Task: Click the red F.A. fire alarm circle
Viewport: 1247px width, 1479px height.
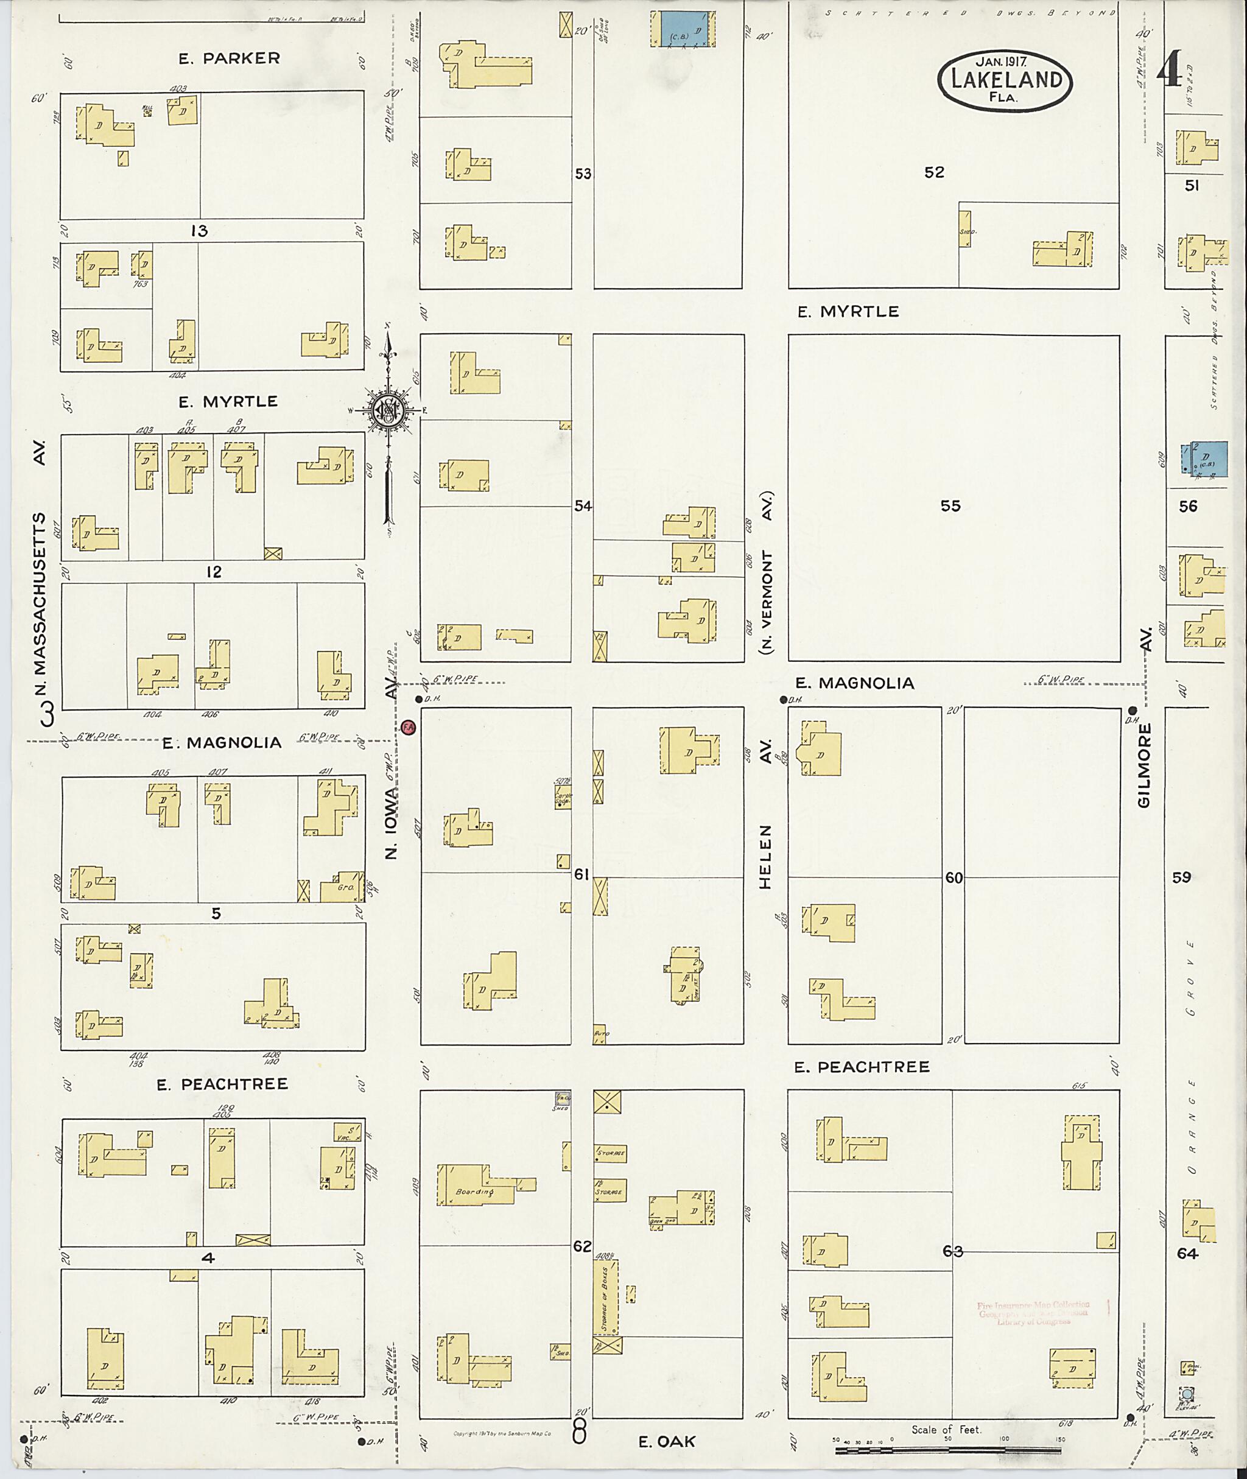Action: coord(409,727)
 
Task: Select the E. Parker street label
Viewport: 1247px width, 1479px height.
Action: coord(229,58)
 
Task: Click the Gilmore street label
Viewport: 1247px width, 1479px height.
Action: coord(1145,765)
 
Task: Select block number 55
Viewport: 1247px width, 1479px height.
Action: coord(950,505)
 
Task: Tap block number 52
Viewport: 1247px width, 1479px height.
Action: coord(934,172)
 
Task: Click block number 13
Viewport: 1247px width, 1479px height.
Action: coord(199,231)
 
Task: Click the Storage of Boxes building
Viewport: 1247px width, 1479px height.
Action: coord(605,1299)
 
